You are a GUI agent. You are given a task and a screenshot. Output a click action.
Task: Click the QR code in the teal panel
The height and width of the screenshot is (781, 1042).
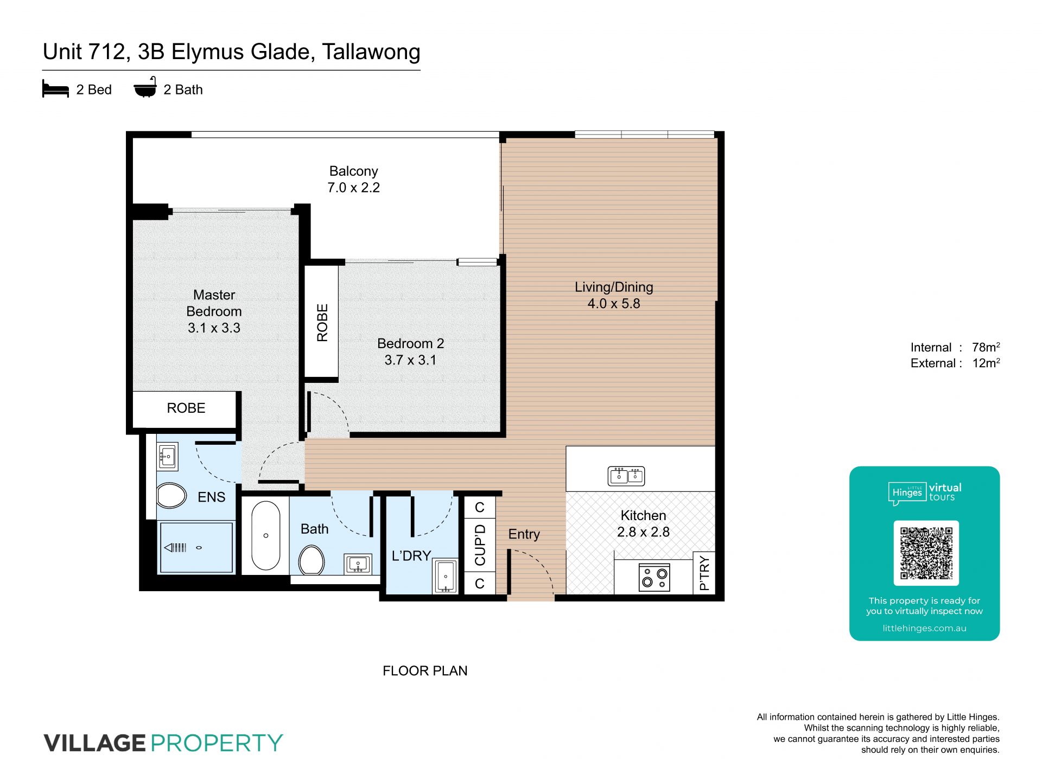click(x=926, y=553)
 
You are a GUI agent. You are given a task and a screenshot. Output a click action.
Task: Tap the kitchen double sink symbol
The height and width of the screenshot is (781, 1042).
click(x=626, y=476)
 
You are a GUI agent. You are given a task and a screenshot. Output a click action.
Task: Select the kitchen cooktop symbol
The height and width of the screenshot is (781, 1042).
click(x=654, y=577)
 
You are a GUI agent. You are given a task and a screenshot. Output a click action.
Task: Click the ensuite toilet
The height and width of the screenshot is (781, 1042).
click(x=171, y=495)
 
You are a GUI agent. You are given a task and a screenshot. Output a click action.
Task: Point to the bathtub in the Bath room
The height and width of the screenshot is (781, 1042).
click(x=265, y=535)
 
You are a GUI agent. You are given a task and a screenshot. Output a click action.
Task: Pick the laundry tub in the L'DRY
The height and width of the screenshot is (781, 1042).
click(x=445, y=576)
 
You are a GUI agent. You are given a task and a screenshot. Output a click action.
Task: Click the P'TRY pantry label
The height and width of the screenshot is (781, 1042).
click(x=704, y=573)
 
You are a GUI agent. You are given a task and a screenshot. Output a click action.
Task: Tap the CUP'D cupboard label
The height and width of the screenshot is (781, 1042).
click(x=480, y=545)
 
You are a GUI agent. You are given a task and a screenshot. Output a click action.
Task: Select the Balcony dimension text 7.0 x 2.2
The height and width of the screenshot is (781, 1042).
click(x=353, y=188)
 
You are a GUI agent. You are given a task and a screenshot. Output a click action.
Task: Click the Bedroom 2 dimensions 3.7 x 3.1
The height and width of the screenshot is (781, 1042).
click(x=410, y=360)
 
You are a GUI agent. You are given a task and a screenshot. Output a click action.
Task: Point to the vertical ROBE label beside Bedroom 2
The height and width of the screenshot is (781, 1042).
click(x=322, y=323)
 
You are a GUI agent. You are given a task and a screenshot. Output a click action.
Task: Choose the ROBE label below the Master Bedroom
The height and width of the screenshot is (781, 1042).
click(x=186, y=408)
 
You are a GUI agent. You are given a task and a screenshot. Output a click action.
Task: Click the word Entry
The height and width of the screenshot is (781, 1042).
click(x=524, y=534)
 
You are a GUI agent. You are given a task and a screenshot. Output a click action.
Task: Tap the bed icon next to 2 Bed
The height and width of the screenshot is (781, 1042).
click(x=55, y=89)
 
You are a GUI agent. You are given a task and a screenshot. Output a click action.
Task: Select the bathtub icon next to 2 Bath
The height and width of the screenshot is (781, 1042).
click(x=145, y=87)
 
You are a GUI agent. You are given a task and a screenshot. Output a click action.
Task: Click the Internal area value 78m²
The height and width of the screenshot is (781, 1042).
click(x=986, y=347)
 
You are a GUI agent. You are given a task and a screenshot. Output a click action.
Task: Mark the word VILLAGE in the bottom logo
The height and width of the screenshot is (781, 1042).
click(x=95, y=742)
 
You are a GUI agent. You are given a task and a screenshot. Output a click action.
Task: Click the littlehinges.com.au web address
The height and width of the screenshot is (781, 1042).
click(x=924, y=628)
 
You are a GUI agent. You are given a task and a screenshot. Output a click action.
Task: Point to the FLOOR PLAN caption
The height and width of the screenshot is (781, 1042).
click(x=425, y=671)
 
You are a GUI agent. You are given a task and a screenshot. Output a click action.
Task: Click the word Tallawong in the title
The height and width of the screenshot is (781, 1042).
click(x=371, y=52)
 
